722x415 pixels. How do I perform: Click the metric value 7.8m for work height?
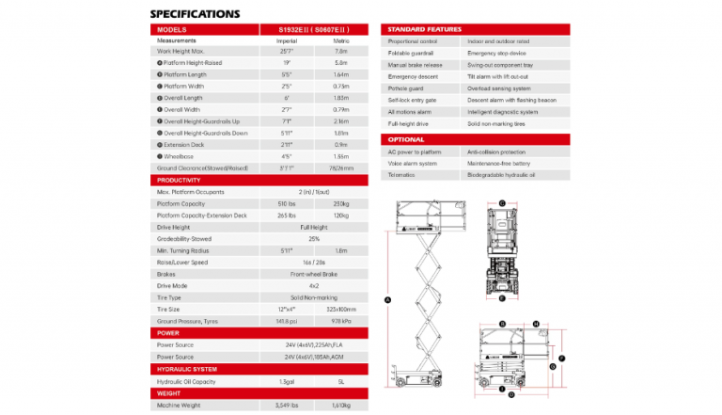(341, 52)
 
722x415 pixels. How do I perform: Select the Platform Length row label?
(185, 73)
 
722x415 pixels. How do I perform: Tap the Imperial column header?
(287, 40)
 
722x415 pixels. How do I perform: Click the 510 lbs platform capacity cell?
(287, 202)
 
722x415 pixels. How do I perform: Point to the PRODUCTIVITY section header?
(179, 180)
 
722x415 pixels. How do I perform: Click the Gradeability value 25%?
(314, 238)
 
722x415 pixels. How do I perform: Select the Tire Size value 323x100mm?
(341, 309)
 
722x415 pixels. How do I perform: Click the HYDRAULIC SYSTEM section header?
(186, 369)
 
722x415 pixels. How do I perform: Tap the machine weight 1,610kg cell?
(341, 405)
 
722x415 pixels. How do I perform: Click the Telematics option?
(401, 174)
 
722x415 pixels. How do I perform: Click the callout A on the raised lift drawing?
(386, 299)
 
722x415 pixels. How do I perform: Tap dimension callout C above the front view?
(502, 202)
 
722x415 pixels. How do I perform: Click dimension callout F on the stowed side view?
(560, 358)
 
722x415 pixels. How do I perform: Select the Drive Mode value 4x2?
(314, 285)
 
